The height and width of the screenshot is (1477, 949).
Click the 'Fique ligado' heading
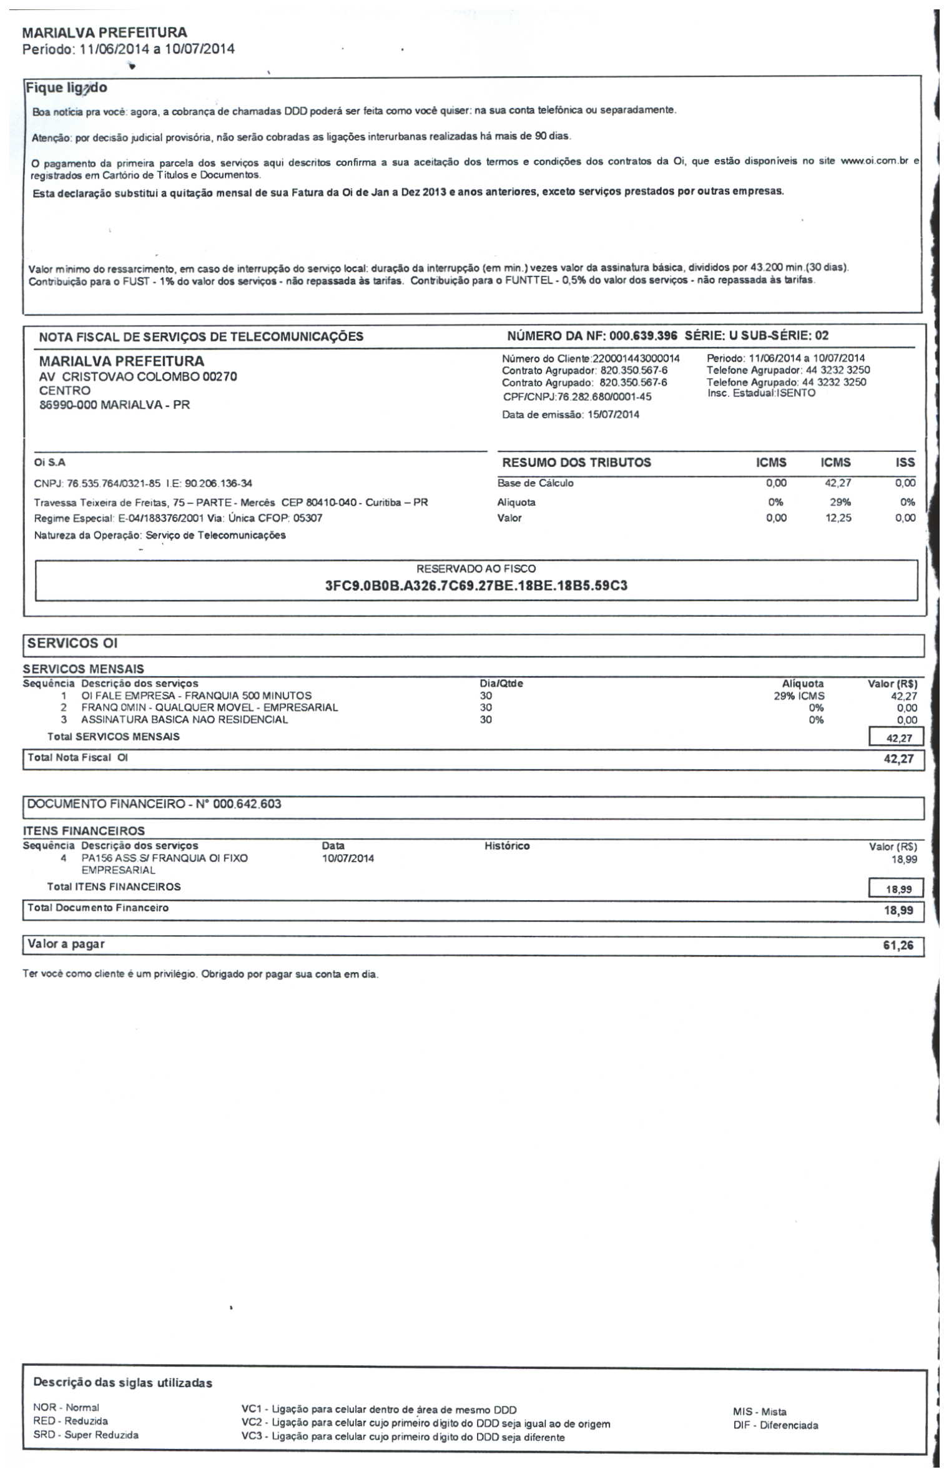(67, 88)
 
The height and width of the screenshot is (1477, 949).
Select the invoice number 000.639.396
(643, 336)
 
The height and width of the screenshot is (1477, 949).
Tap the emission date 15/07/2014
(613, 415)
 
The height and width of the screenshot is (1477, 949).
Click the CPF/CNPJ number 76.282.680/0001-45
(604, 397)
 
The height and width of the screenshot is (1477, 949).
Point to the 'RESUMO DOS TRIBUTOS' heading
(576, 463)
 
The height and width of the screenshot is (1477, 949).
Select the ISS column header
(905, 463)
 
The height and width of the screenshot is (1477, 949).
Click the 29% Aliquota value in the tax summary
(840, 502)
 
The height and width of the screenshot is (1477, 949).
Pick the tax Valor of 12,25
(838, 518)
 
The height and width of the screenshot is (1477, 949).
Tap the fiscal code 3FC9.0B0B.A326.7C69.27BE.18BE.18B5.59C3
(476, 586)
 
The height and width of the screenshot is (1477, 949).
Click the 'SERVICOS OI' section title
(72, 644)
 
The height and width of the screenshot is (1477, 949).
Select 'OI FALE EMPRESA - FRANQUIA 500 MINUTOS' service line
(196, 695)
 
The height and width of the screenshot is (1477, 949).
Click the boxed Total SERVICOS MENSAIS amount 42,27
(899, 738)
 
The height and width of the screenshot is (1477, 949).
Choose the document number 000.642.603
(247, 804)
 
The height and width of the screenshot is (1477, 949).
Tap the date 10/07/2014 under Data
(348, 858)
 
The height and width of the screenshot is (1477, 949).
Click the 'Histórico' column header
(507, 846)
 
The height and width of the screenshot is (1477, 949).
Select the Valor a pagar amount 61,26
(898, 945)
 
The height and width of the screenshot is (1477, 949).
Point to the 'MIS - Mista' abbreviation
(760, 1411)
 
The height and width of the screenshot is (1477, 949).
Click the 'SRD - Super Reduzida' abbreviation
(86, 1435)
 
